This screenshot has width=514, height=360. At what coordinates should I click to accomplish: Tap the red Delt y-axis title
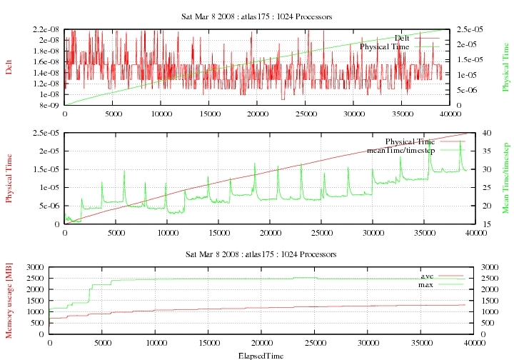tap(9, 67)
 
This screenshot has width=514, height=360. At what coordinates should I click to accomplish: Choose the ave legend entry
tap(428, 276)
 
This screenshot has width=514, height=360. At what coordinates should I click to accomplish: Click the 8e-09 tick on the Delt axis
tap(51, 105)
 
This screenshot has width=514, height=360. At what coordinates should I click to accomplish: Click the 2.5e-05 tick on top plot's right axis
tap(468, 29)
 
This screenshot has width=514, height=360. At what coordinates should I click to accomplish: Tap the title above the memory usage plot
tap(261, 254)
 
